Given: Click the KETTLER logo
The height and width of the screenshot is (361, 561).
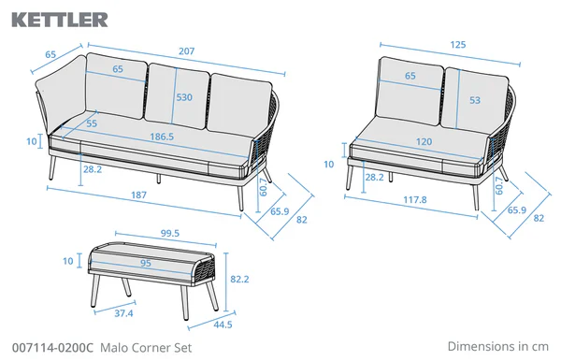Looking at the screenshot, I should click(59, 18).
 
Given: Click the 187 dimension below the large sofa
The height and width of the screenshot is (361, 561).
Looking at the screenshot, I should click(140, 195).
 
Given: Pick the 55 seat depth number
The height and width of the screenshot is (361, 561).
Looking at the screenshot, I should click(92, 123).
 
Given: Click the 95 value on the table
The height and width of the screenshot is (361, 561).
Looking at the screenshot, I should click(145, 264).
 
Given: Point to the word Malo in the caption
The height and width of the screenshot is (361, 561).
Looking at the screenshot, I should click(117, 345).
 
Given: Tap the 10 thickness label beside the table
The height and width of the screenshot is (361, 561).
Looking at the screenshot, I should click(67, 262).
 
